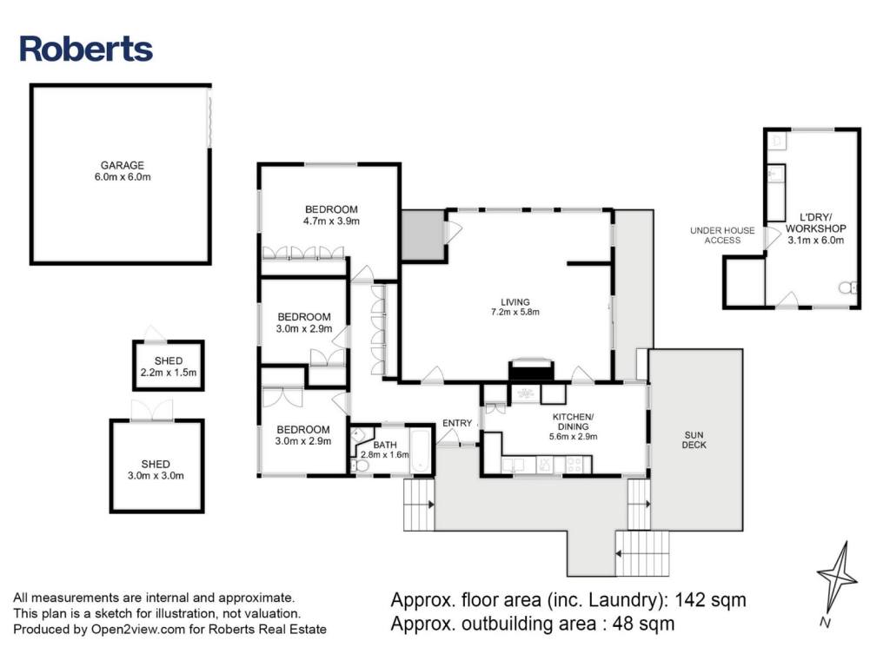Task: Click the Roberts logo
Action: (86, 49)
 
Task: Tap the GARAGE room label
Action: (122, 165)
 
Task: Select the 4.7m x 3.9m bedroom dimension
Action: (331, 221)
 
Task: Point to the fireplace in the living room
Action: (531, 371)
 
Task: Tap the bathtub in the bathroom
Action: (422, 450)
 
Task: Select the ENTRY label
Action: (457, 423)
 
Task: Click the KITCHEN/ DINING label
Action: (573, 421)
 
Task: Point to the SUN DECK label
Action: (694, 439)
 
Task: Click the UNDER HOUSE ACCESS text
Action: (716, 234)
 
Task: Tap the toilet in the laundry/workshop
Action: (847, 287)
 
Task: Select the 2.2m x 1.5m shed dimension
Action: (169, 373)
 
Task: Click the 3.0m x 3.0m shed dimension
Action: (156, 475)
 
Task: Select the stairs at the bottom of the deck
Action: (643, 548)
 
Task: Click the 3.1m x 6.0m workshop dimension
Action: (815, 241)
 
